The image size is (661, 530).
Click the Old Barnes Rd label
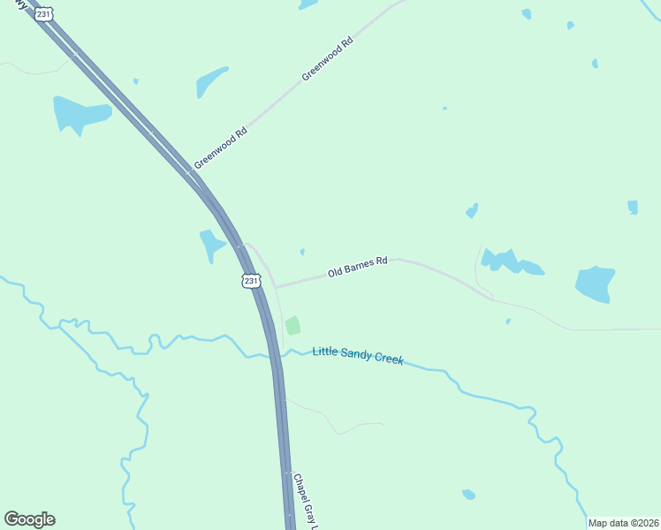click(358, 268)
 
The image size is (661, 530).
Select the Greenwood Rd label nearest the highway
click(221, 148)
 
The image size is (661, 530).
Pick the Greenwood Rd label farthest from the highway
click(328, 60)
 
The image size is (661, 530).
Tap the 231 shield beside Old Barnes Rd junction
click(252, 281)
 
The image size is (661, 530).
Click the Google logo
click(29, 519)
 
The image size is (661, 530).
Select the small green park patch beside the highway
click(293, 326)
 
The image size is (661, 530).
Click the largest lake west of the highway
click(80, 114)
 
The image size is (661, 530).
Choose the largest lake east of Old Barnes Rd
click(595, 284)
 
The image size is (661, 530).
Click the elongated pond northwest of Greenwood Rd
click(212, 81)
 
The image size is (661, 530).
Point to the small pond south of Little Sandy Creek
click(468, 494)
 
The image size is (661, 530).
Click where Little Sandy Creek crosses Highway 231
click(275, 356)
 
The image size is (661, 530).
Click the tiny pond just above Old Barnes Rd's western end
click(302, 252)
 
